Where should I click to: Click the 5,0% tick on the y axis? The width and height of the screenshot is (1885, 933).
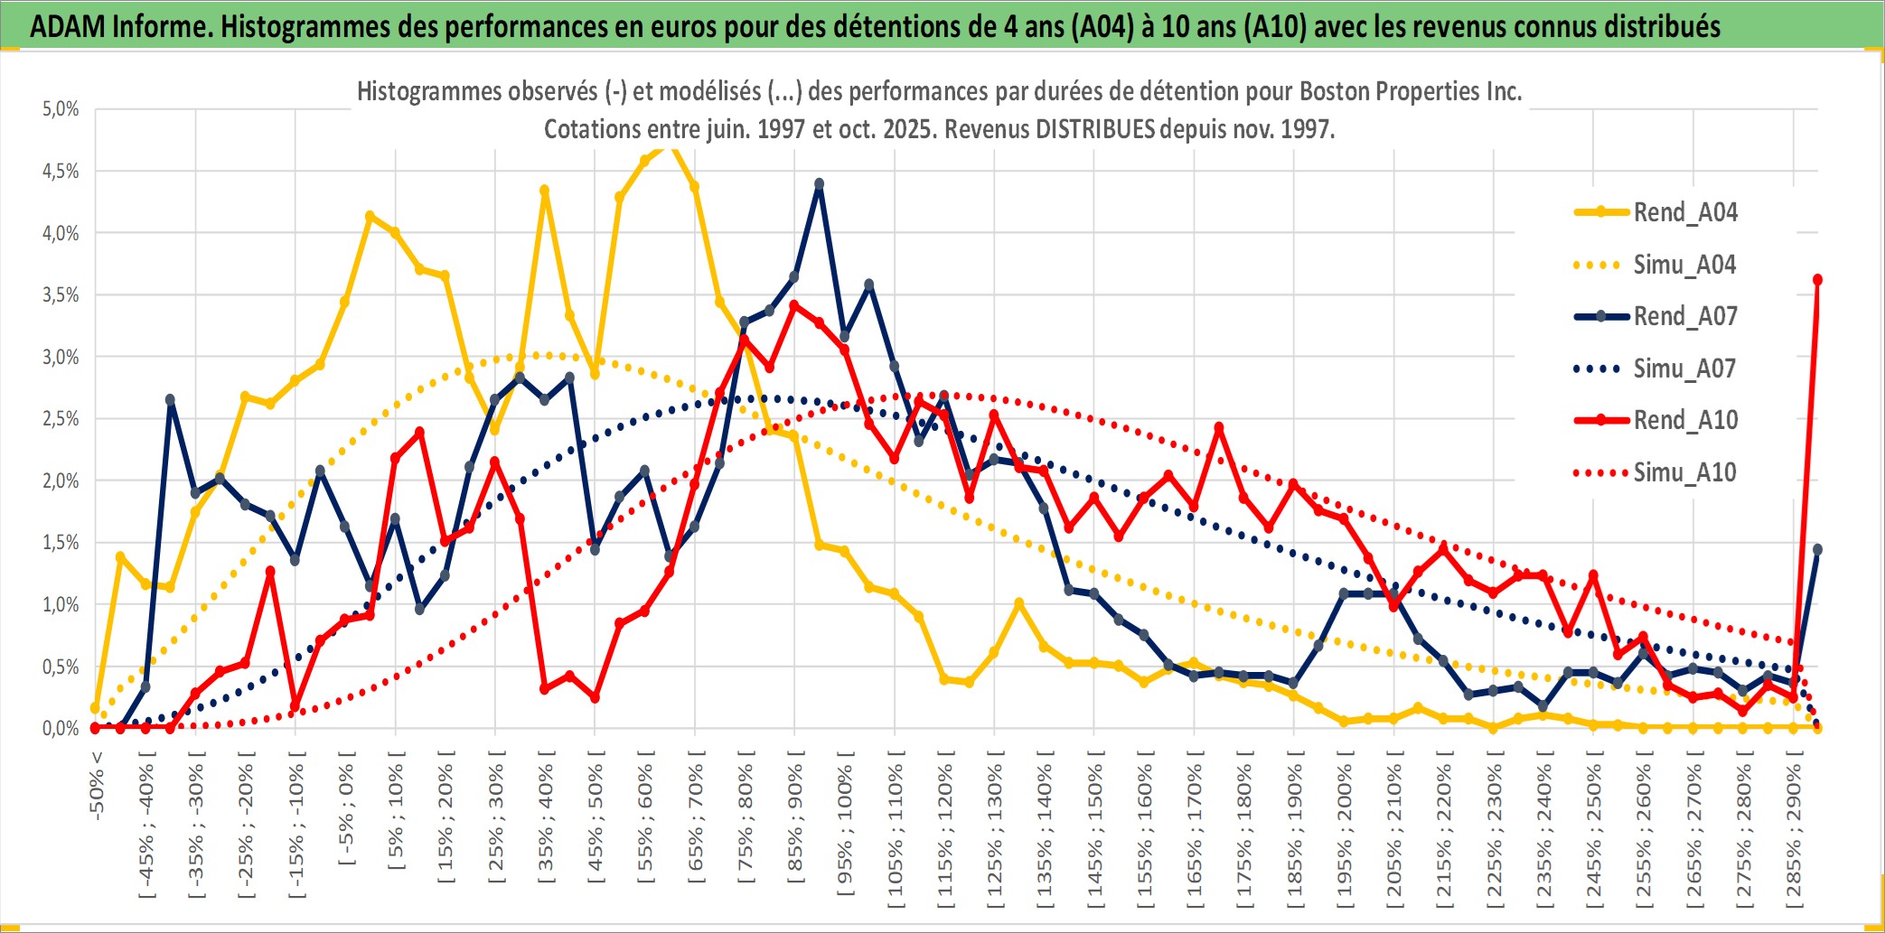61,109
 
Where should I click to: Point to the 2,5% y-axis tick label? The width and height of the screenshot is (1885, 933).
61,419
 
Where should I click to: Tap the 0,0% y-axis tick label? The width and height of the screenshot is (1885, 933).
61,728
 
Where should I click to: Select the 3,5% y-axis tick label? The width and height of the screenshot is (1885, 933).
61,295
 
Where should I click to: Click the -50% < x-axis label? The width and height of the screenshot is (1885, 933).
97,785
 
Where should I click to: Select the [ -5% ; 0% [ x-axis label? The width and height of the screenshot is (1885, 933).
346,807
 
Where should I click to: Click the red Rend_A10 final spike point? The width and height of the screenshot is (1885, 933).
1817,280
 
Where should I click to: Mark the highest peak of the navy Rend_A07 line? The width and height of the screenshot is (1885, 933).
820,184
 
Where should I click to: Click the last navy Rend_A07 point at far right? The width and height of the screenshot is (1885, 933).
1817,549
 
